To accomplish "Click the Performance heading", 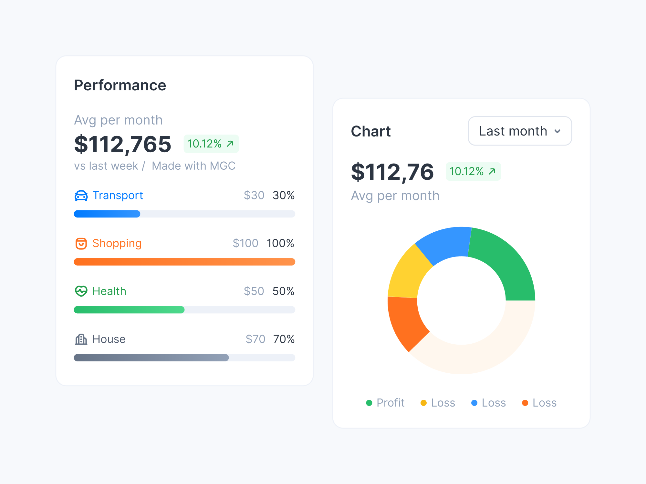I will tap(120, 86).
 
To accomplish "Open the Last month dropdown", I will tap(520, 131).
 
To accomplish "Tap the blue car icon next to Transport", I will tap(81, 196).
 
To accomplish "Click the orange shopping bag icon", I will tap(81, 244).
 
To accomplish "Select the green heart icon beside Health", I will tap(81, 291).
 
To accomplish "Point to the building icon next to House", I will tap(81, 339).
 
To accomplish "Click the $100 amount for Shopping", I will tap(245, 243).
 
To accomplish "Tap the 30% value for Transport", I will tap(283, 195).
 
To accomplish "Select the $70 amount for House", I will tap(255, 339).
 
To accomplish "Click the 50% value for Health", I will tap(283, 291).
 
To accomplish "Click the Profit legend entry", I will tap(385, 403).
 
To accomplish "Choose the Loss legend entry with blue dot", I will tap(489, 403).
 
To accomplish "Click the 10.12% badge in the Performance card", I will tap(211, 144).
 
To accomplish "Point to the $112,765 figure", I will tap(123, 144).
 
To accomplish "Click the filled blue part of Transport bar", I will tap(107, 214).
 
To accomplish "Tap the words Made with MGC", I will tap(193, 166).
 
